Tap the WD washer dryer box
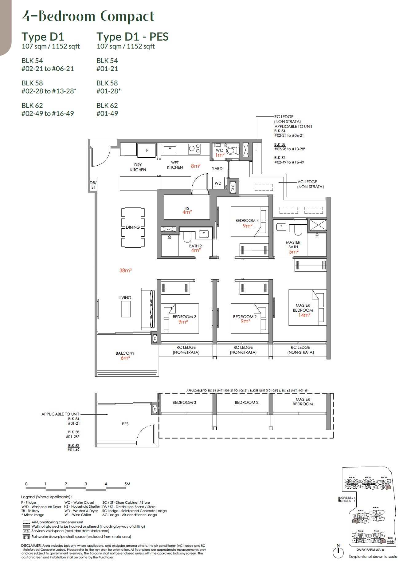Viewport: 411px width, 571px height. [218, 183]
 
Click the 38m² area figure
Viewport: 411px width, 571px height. [125, 270]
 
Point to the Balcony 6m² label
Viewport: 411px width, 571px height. [125, 356]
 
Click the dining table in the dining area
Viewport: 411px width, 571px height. [133, 227]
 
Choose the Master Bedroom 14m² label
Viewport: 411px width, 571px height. [303, 310]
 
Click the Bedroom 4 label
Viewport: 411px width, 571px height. [247, 220]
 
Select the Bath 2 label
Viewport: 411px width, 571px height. [195, 246]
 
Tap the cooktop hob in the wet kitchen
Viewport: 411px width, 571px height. [194, 149]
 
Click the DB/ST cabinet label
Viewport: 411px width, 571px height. [93, 185]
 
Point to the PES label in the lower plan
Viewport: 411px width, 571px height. [125, 424]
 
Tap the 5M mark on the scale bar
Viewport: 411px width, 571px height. [127, 484]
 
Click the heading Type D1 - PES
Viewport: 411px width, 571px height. [132, 37]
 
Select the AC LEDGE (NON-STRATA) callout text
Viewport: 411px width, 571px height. [310, 184]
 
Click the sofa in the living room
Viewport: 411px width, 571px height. [149, 309]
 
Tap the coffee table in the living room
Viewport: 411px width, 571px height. [126, 309]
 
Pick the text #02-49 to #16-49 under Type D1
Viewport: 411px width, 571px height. [48, 113]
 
